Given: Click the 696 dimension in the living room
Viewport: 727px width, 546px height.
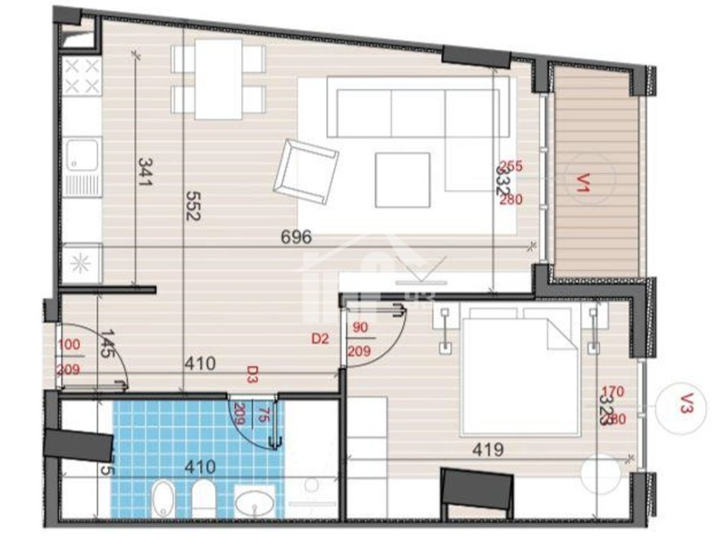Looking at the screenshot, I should tap(296, 237).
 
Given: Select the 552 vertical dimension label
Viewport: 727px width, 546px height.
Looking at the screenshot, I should tap(192, 206).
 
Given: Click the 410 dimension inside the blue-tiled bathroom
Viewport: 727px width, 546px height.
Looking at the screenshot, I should tap(198, 466).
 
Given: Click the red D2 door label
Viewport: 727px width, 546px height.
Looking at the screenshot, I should tap(320, 338).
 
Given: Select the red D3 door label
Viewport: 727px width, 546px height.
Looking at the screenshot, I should tap(251, 374).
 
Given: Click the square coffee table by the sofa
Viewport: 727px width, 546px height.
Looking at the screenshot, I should tap(403, 180).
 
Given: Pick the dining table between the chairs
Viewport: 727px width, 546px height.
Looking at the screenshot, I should tap(218, 79).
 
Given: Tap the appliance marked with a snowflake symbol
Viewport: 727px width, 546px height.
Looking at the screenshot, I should tap(80, 260).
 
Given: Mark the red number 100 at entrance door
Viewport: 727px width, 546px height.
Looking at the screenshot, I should tap(69, 345).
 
